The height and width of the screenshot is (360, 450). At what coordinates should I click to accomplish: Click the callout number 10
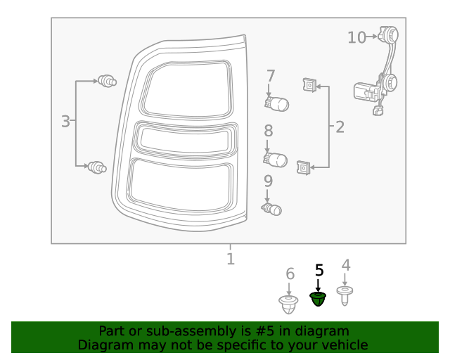(x=356, y=37)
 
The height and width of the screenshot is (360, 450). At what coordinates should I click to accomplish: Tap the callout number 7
(x=270, y=76)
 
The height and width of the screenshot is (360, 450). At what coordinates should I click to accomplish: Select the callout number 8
(x=269, y=131)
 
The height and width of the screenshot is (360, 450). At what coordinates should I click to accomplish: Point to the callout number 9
(x=268, y=181)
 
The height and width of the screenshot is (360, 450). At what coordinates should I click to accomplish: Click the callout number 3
(x=65, y=122)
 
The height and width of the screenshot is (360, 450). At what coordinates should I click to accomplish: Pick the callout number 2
(x=340, y=127)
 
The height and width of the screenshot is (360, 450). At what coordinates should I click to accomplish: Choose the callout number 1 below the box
(x=230, y=259)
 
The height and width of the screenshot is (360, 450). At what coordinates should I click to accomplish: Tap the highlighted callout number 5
(x=319, y=270)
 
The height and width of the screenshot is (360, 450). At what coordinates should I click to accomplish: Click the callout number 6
(x=289, y=274)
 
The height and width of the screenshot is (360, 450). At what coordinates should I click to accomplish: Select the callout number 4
(x=345, y=265)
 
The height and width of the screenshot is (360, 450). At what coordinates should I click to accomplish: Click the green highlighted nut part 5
(x=319, y=300)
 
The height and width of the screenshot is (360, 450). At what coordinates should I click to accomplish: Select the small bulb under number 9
(x=272, y=209)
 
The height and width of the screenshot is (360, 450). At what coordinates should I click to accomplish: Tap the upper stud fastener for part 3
(x=108, y=82)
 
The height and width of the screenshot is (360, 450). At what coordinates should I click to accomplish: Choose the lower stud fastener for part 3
(x=97, y=167)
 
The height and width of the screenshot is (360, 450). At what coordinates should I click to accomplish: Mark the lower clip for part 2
(x=303, y=168)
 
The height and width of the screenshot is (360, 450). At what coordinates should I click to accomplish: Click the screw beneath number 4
(x=345, y=295)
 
